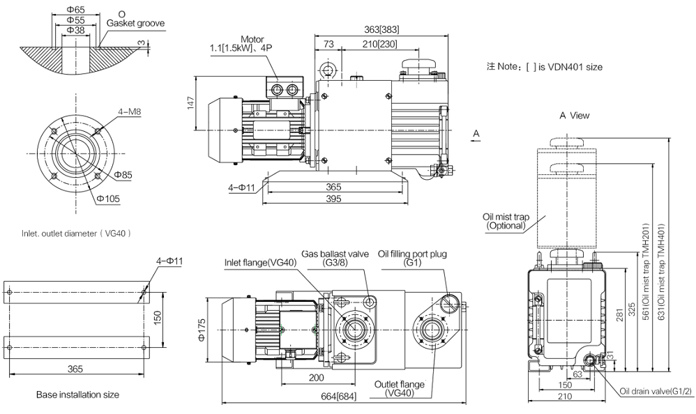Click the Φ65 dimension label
(x=75, y=9)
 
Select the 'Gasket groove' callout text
(x=135, y=24)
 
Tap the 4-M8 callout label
(x=130, y=112)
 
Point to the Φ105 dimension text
(x=108, y=199)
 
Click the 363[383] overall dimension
(x=381, y=30)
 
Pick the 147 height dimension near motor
(x=191, y=103)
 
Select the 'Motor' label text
(x=252, y=40)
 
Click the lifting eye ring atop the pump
(x=328, y=70)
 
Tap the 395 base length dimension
(x=333, y=199)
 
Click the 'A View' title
(x=575, y=116)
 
